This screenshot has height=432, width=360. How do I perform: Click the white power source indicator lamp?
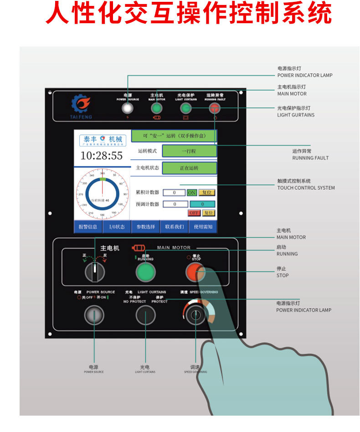128,108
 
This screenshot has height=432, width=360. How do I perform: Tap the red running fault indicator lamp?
214,108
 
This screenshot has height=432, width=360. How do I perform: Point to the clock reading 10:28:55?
102,156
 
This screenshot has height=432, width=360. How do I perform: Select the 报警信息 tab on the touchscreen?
88,227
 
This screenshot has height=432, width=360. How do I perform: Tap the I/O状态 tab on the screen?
117,227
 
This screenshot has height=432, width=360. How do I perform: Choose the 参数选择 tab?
145,227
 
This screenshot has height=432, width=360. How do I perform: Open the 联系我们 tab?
174,227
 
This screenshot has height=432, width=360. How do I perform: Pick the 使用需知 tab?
203,227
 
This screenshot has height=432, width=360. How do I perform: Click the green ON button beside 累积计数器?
192,193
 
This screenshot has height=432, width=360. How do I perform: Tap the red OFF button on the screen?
194,213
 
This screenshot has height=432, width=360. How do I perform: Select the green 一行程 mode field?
189,151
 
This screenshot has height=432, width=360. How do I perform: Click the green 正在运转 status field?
189,168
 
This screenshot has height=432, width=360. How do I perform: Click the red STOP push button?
195,272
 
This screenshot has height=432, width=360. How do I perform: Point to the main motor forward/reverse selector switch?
95,272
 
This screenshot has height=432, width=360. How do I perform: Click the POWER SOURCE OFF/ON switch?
94,315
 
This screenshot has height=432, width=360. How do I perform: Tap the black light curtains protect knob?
145,315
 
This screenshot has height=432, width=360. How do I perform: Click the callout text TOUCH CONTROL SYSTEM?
306,188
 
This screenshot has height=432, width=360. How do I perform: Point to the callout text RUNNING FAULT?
310,158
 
